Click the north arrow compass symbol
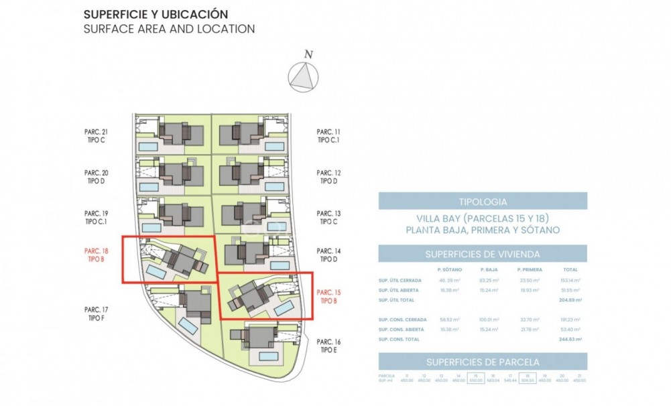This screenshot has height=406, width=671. [303, 76]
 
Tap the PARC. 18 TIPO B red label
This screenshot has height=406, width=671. [97, 256]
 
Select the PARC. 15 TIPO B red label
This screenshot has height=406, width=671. [328, 296]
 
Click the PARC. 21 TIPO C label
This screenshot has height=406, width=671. [97, 136]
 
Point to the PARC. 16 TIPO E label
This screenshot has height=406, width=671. [328, 346]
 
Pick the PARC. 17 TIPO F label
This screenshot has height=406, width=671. [97, 314]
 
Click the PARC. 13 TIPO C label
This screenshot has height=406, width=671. [328, 217]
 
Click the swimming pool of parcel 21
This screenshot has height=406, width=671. [148, 145]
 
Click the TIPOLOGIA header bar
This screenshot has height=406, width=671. [483, 201]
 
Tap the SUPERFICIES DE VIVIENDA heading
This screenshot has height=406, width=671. [483, 254]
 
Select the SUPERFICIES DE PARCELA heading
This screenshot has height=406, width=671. [483, 362]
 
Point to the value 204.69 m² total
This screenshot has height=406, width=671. [570, 301]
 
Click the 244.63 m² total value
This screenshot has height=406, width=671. [570, 340]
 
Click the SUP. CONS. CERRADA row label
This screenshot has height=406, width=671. [402, 320]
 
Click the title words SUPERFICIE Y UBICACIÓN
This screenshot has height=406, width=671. [156, 14]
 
